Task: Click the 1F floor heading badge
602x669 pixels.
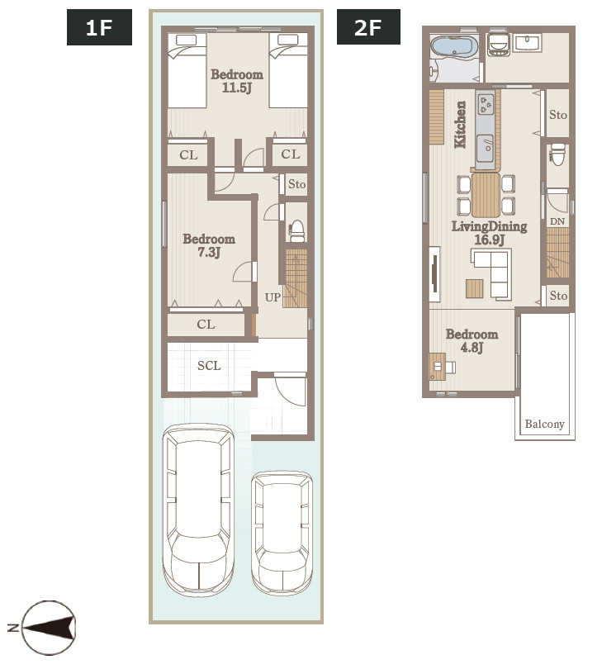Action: tap(99, 27)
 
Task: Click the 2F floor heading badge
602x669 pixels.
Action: tap(368, 27)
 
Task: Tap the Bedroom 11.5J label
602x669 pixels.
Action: tap(237, 81)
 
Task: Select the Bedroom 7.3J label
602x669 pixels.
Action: tap(209, 245)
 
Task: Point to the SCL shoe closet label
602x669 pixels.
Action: tap(209, 366)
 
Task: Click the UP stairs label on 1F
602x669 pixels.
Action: tap(273, 297)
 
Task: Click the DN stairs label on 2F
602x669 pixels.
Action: tap(557, 221)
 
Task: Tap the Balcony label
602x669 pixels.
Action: tap(545, 424)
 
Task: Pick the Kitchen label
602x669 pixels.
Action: tap(460, 125)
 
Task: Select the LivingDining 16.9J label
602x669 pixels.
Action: tap(490, 233)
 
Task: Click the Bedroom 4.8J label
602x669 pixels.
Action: tap(472, 340)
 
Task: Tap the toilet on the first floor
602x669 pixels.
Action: tap(296, 230)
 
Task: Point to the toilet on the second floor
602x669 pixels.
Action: tap(557, 154)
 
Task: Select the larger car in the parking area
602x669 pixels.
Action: tap(198, 510)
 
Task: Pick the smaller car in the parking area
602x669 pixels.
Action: tap(282, 533)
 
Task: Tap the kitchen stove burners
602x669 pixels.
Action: tap(486, 104)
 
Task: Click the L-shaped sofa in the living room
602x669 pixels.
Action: tap(491, 273)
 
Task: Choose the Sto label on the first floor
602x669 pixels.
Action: tap(297, 184)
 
